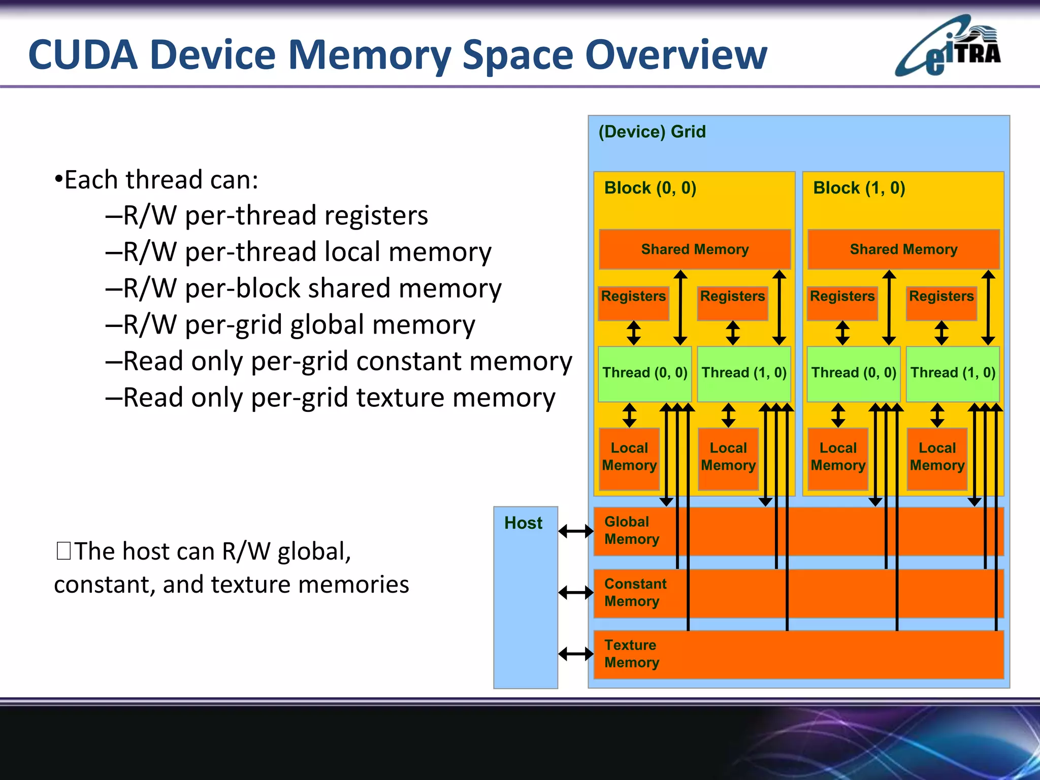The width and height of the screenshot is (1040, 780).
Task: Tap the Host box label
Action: (523, 523)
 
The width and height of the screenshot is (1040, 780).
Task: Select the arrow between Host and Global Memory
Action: (575, 531)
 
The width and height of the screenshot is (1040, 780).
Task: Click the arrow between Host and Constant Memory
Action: (575, 592)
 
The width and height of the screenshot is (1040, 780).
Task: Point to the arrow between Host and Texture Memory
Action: (575, 654)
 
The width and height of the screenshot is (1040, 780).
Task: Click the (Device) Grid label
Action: (652, 132)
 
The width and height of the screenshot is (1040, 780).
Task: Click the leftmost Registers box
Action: (633, 303)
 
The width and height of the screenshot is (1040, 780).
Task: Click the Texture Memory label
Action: (631, 654)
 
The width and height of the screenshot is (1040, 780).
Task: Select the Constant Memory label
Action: (635, 592)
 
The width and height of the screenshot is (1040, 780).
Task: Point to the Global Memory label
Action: (631, 530)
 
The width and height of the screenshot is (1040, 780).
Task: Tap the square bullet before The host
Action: (64, 551)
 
